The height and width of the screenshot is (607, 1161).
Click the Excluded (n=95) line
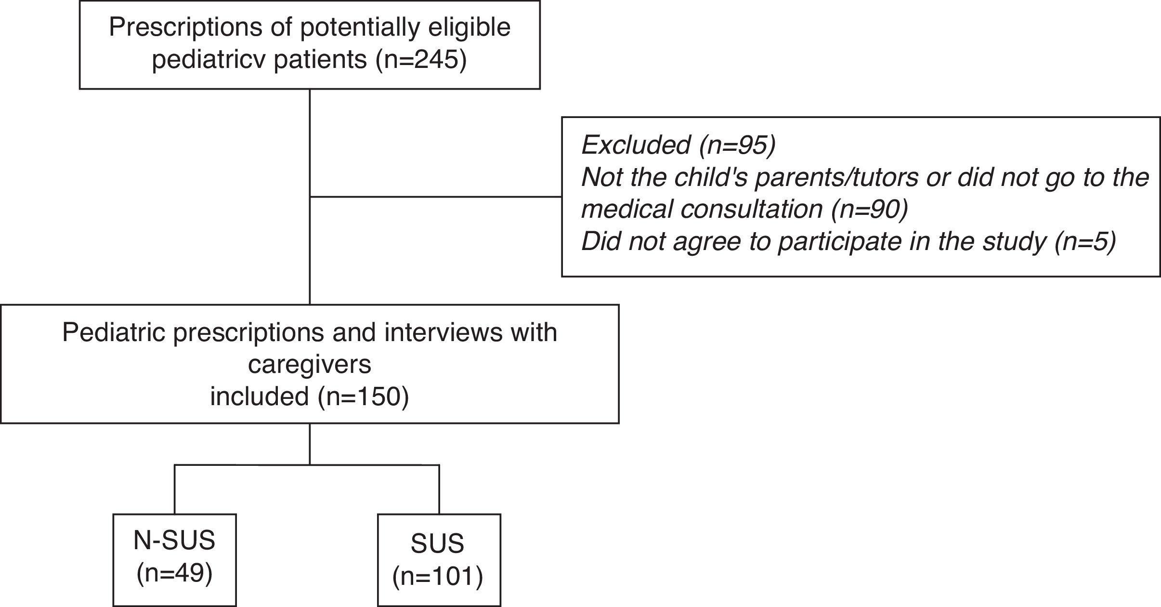[678, 145]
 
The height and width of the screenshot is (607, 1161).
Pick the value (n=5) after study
[1084, 241]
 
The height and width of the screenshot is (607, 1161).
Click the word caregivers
[310, 364]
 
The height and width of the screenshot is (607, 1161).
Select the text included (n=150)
[310, 396]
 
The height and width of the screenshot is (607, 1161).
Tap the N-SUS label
[174, 540]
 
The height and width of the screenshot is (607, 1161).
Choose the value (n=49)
[174, 573]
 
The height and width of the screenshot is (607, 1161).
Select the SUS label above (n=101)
[437, 543]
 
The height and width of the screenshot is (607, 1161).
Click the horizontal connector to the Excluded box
[436, 197]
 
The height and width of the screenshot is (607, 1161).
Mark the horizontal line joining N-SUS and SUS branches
[241, 465]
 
